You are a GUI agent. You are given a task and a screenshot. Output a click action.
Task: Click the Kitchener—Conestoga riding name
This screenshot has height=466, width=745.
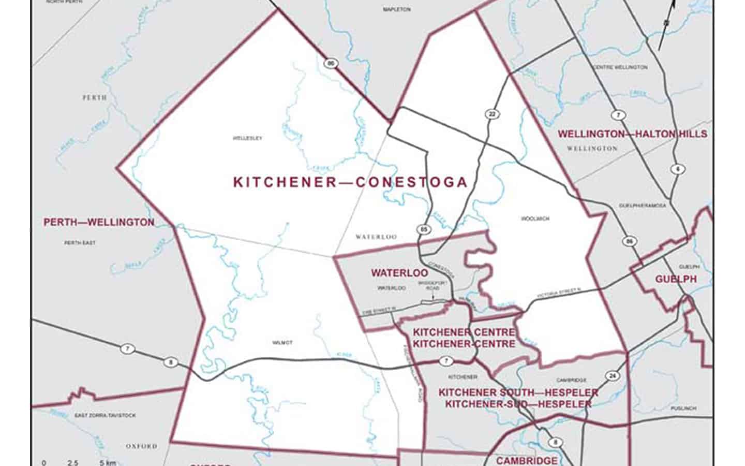(350, 182)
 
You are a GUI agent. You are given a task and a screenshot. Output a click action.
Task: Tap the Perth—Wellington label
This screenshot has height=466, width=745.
(98, 223)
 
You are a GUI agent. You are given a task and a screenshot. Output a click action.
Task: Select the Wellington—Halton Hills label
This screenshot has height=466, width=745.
(632, 134)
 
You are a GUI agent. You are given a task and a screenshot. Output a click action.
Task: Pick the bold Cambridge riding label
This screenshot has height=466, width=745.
(527, 460)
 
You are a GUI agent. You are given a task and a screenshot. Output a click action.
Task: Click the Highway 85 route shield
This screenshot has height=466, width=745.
(424, 229)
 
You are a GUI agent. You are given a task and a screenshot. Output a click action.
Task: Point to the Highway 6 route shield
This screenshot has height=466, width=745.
(677, 169)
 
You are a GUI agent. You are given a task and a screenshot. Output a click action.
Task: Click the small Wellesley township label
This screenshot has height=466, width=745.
(247, 138)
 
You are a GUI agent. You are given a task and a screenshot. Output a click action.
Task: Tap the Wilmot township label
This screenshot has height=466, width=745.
(282, 343)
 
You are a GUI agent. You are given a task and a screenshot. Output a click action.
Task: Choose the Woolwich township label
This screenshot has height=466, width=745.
(535, 219)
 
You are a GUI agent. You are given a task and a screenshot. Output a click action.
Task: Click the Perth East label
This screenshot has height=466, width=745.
(80, 243)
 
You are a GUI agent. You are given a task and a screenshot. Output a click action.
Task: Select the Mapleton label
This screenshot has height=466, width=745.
(397, 9)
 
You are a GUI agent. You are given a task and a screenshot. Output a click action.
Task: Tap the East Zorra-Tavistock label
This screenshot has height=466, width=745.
(105, 415)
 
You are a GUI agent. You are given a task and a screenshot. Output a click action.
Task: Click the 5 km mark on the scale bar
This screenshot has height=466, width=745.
(108, 462)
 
